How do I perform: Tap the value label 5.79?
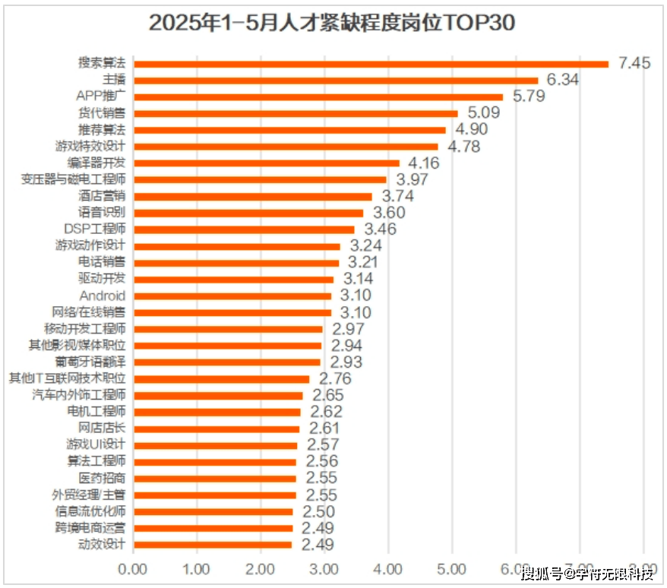pyautogui.click(x=529, y=96)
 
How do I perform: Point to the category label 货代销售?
pyautogui.click(x=102, y=113)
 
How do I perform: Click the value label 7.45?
pyautogui.click(x=635, y=63)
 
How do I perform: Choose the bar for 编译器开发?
pyautogui.click(x=267, y=163)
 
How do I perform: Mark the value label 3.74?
pyautogui.click(x=397, y=196)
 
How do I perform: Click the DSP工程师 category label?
pyautogui.click(x=95, y=229)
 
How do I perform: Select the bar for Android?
pyautogui.click(x=232, y=296)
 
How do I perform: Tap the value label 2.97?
pyautogui.click(x=348, y=329)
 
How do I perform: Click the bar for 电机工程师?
pyautogui.click(x=217, y=412)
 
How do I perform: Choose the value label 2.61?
pyautogui.click(x=324, y=428)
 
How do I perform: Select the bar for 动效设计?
pyautogui.click(x=213, y=545)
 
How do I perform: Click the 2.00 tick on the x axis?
pyautogui.click(x=261, y=569)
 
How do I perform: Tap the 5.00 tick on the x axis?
pyautogui.click(x=452, y=569)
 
